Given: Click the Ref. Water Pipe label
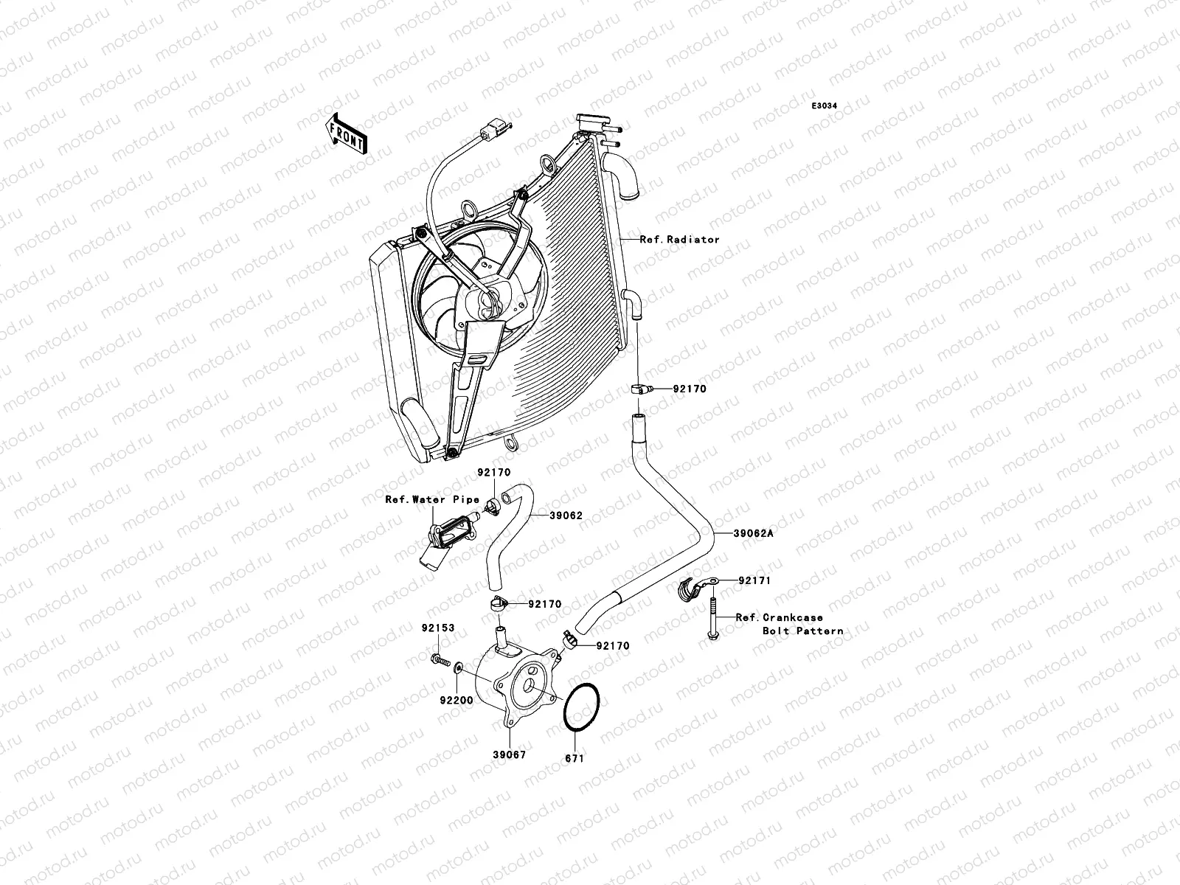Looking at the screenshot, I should coord(432,499).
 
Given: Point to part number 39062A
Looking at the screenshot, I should coord(753,533).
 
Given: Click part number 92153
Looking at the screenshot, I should coord(438,629).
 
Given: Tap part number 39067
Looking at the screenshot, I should coord(510,754).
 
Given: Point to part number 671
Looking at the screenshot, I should coord(575,758).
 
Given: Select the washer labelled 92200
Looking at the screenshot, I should coord(459,667).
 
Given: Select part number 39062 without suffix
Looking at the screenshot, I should coord(566,516).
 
